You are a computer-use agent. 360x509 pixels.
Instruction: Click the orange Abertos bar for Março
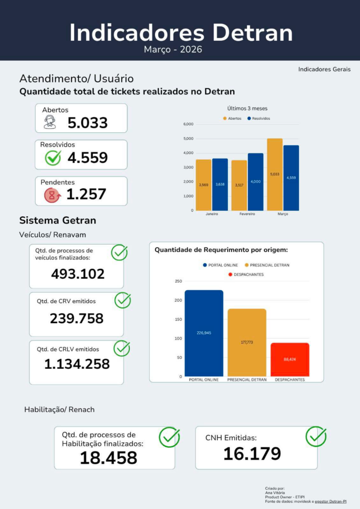pyautogui.click(x=274, y=174)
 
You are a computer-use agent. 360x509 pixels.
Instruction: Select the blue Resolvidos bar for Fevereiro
pyautogui.click(x=256, y=182)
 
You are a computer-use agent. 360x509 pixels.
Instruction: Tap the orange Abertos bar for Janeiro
pyautogui.click(x=203, y=185)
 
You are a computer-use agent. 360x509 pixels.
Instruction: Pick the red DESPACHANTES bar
pyautogui.click(x=290, y=360)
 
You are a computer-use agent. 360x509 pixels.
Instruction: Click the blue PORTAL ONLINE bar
pyautogui.click(x=204, y=334)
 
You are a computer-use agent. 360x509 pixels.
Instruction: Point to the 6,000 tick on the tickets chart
pyautogui.click(x=188, y=124)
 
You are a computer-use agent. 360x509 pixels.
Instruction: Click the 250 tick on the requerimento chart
pyautogui.click(x=179, y=281)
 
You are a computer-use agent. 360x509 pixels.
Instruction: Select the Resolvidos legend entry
pyautogui.click(x=259, y=118)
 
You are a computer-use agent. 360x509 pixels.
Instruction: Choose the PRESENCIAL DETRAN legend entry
pyautogui.click(x=267, y=265)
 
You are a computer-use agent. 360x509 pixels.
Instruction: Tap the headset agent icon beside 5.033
pyautogui.click(x=50, y=122)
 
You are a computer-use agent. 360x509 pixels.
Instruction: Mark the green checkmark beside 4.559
pyautogui.click(x=53, y=158)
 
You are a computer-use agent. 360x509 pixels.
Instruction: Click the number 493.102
pyautogui.click(x=78, y=274)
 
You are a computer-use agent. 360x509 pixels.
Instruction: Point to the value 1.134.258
pyautogui.click(x=77, y=364)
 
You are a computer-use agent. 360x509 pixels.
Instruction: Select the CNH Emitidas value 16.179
pyautogui.click(x=252, y=453)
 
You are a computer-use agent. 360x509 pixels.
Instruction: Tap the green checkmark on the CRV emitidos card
pyautogui.click(x=123, y=300)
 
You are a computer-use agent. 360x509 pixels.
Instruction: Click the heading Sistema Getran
pyautogui.click(x=58, y=220)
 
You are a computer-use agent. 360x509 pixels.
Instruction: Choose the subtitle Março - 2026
pyautogui.click(x=173, y=50)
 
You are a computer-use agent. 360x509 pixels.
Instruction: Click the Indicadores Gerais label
pyautogui.click(x=324, y=69)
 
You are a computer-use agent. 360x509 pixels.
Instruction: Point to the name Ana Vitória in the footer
pyautogui.click(x=275, y=493)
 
